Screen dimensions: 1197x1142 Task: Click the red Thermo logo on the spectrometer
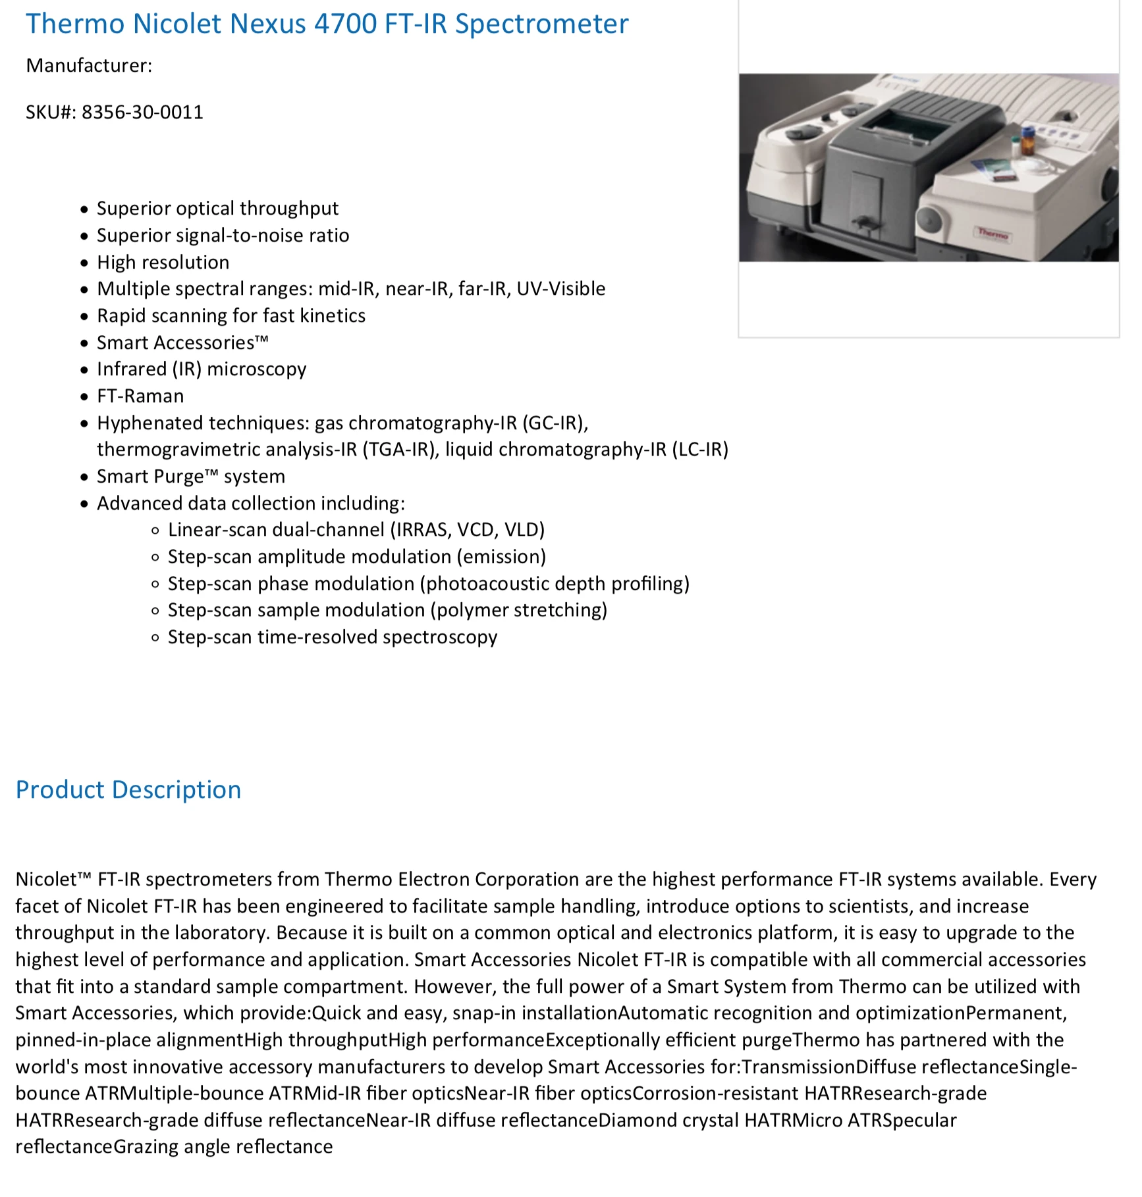tap(992, 233)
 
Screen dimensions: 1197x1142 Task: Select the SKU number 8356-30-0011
tap(142, 113)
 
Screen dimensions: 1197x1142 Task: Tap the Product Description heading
tap(128, 789)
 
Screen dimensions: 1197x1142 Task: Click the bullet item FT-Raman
tap(140, 396)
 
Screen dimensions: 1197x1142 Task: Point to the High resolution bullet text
tap(163, 263)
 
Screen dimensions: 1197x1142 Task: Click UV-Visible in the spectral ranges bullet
tap(560, 289)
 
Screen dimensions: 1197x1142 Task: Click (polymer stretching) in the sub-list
tap(519, 610)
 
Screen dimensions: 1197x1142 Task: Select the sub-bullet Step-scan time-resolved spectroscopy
tap(333, 637)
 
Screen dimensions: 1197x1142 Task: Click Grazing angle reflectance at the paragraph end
tap(223, 1147)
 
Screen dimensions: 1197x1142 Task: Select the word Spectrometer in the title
tap(541, 24)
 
